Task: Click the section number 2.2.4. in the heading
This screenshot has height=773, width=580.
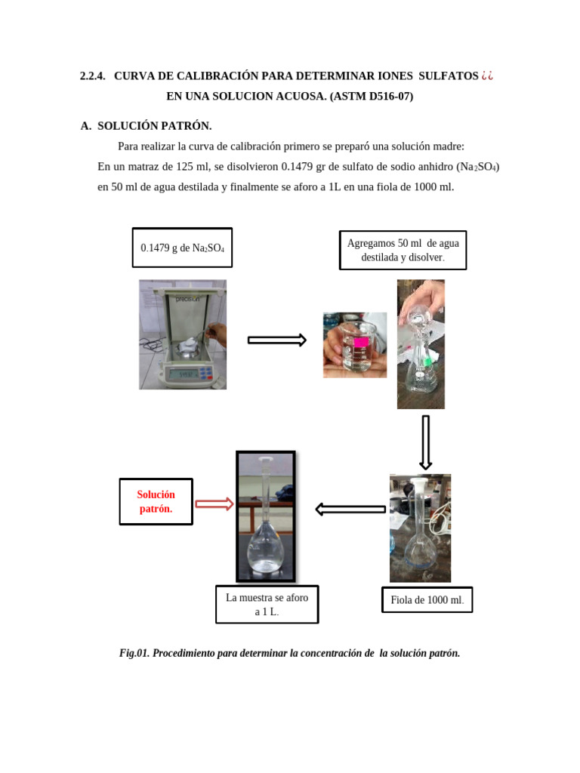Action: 92,76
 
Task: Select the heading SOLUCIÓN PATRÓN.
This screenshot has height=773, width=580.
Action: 154,126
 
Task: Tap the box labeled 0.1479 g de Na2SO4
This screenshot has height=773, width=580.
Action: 182,248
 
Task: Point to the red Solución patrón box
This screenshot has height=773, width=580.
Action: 156,501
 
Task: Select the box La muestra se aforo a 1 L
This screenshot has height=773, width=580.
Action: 267,604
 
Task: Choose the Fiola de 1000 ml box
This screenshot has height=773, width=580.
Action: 427,600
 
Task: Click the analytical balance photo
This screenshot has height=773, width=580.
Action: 182,334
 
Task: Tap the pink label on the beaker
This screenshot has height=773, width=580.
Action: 360,342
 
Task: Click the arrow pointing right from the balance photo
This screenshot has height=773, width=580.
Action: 276,340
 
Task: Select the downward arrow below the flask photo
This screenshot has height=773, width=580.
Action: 425,442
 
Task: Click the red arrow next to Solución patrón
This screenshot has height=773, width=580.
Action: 214,504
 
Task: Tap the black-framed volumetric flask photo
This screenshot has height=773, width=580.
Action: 265,517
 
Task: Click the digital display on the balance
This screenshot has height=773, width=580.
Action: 184,374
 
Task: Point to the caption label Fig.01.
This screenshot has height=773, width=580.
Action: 134,653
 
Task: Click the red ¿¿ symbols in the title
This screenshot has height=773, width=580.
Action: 487,76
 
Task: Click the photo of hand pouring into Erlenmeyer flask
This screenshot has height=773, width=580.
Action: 421,344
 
